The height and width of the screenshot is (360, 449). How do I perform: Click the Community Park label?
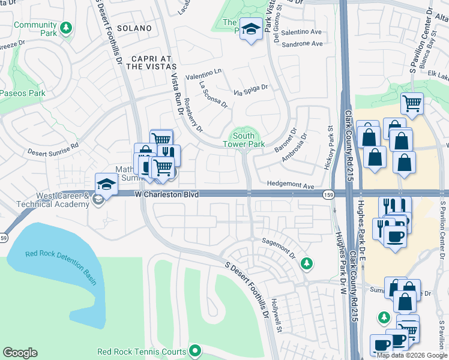35,25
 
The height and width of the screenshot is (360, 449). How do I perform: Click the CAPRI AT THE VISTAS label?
142,62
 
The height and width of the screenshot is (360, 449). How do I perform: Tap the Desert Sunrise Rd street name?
53,146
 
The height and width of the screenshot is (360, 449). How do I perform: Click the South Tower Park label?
244,140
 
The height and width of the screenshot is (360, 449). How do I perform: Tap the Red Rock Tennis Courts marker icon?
194,350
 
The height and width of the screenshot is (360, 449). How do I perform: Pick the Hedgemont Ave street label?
291,187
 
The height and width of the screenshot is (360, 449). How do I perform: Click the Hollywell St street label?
276,315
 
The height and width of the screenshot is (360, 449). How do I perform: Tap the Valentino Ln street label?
203,76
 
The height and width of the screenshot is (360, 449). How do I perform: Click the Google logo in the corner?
20,353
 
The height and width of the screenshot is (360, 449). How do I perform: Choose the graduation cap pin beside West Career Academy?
106,184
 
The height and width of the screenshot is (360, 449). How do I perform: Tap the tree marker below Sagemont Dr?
307,263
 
